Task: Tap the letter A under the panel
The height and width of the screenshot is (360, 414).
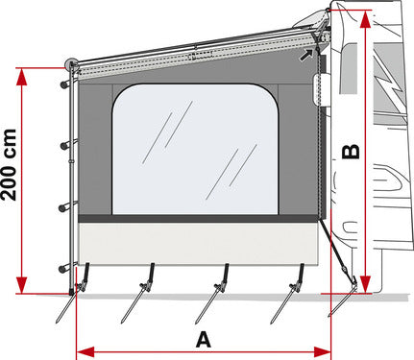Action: (x=202, y=339)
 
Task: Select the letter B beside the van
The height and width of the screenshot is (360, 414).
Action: (x=352, y=151)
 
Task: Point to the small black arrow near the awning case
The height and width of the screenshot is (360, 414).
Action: (x=306, y=55)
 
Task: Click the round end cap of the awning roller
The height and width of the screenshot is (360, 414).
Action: (x=71, y=65)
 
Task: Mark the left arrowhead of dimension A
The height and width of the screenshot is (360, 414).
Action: (x=80, y=347)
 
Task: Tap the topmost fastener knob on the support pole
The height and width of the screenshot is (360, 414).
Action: (x=63, y=84)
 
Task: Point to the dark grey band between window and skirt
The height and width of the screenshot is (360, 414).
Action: (x=196, y=220)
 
